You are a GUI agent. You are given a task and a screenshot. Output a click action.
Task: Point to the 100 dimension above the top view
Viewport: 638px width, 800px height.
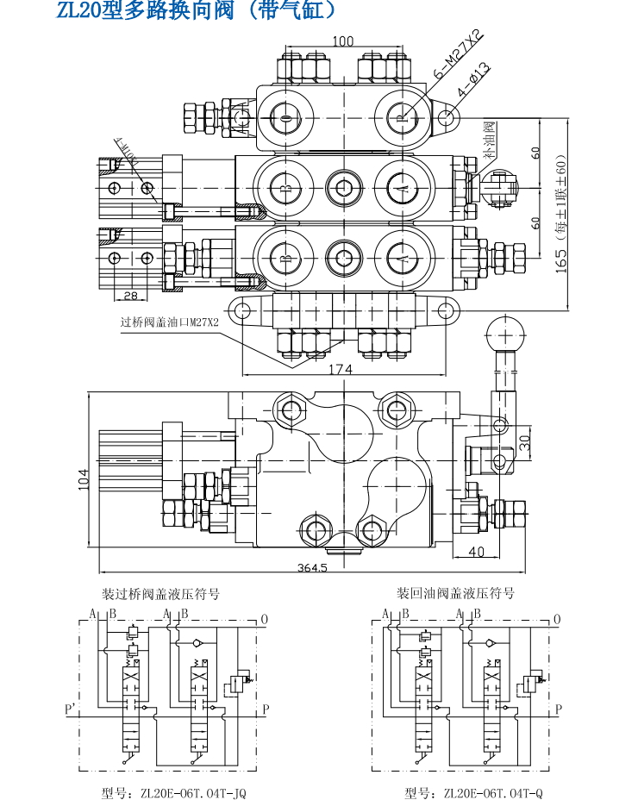click(x=342, y=41)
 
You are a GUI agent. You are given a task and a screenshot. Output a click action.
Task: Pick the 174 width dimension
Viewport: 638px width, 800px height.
click(x=341, y=369)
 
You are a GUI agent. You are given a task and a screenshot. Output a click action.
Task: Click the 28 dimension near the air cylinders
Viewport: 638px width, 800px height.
click(x=129, y=296)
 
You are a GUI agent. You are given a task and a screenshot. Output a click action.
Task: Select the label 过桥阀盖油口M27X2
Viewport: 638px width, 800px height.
click(x=170, y=322)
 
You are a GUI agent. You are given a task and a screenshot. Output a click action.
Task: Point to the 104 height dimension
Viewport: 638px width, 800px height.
click(x=83, y=479)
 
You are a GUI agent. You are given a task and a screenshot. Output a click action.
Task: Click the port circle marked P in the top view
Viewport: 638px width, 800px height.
click(x=397, y=117)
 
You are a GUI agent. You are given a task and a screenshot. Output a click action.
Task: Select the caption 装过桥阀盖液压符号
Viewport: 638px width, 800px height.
click(x=161, y=594)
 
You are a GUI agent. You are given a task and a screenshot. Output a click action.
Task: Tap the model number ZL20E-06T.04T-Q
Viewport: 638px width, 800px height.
click(x=474, y=792)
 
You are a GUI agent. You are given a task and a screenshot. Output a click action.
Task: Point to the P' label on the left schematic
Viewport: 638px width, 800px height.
click(x=72, y=709)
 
